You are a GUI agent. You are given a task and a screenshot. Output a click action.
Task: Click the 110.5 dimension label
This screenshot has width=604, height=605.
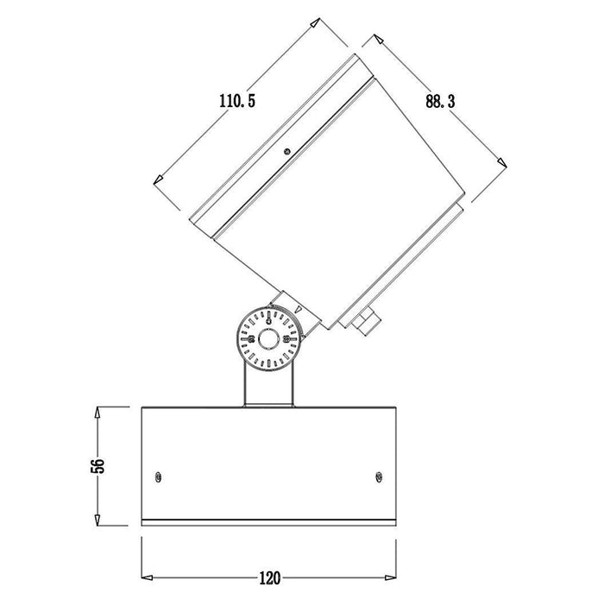tap(237, 101)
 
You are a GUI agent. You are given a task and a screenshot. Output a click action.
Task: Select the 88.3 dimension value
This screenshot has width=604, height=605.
tap(440, 101)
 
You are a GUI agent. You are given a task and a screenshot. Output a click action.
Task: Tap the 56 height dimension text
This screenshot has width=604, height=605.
tap(98, 466)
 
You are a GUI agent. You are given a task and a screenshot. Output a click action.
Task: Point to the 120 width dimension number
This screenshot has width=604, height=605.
tap(269, 578)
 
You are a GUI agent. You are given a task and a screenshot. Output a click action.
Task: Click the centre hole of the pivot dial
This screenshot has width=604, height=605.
tap(268, 339)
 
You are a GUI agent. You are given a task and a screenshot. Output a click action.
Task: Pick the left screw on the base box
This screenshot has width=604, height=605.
tap(158, 477)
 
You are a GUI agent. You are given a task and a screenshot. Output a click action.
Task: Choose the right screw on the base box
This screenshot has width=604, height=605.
tap(379, 477)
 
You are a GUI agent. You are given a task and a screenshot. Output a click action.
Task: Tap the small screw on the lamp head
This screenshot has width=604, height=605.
tap(286, 151)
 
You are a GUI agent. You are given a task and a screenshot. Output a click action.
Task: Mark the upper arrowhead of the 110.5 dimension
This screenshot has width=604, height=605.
tap(315, 22)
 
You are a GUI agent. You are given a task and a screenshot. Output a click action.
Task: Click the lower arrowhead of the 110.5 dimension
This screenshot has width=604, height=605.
tap(158, 180)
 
